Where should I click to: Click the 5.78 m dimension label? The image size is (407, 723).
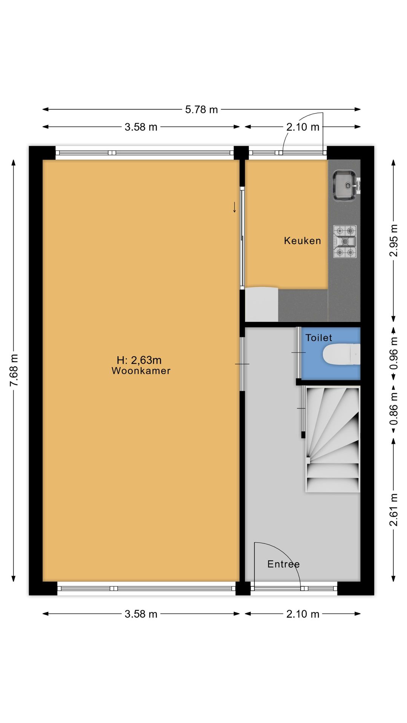tap(201, 110)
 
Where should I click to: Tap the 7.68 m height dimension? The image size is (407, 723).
tap(14, 370)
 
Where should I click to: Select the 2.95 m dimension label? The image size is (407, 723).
tap(393, 240)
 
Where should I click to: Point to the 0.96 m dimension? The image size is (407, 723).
tap(393, 353)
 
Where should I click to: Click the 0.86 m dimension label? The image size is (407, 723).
tap(393, 409)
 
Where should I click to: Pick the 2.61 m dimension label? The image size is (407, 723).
tap(393, 509)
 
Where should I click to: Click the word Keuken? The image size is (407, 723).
tap(302, 241)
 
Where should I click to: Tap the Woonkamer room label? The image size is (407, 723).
tap(141, 371)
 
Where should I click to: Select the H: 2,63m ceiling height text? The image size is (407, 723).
tap(139, 360)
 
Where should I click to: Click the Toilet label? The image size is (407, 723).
tap(319, 338)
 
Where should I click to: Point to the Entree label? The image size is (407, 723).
tap(283, 564)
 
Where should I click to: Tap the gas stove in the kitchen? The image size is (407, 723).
tap(345, 241)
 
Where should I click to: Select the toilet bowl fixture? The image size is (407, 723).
tap(341, 354)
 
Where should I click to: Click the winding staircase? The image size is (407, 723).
tap(332, 439)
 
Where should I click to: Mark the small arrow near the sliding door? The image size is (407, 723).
tap(234, 207)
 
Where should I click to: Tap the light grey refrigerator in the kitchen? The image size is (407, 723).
tap(262, 305)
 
